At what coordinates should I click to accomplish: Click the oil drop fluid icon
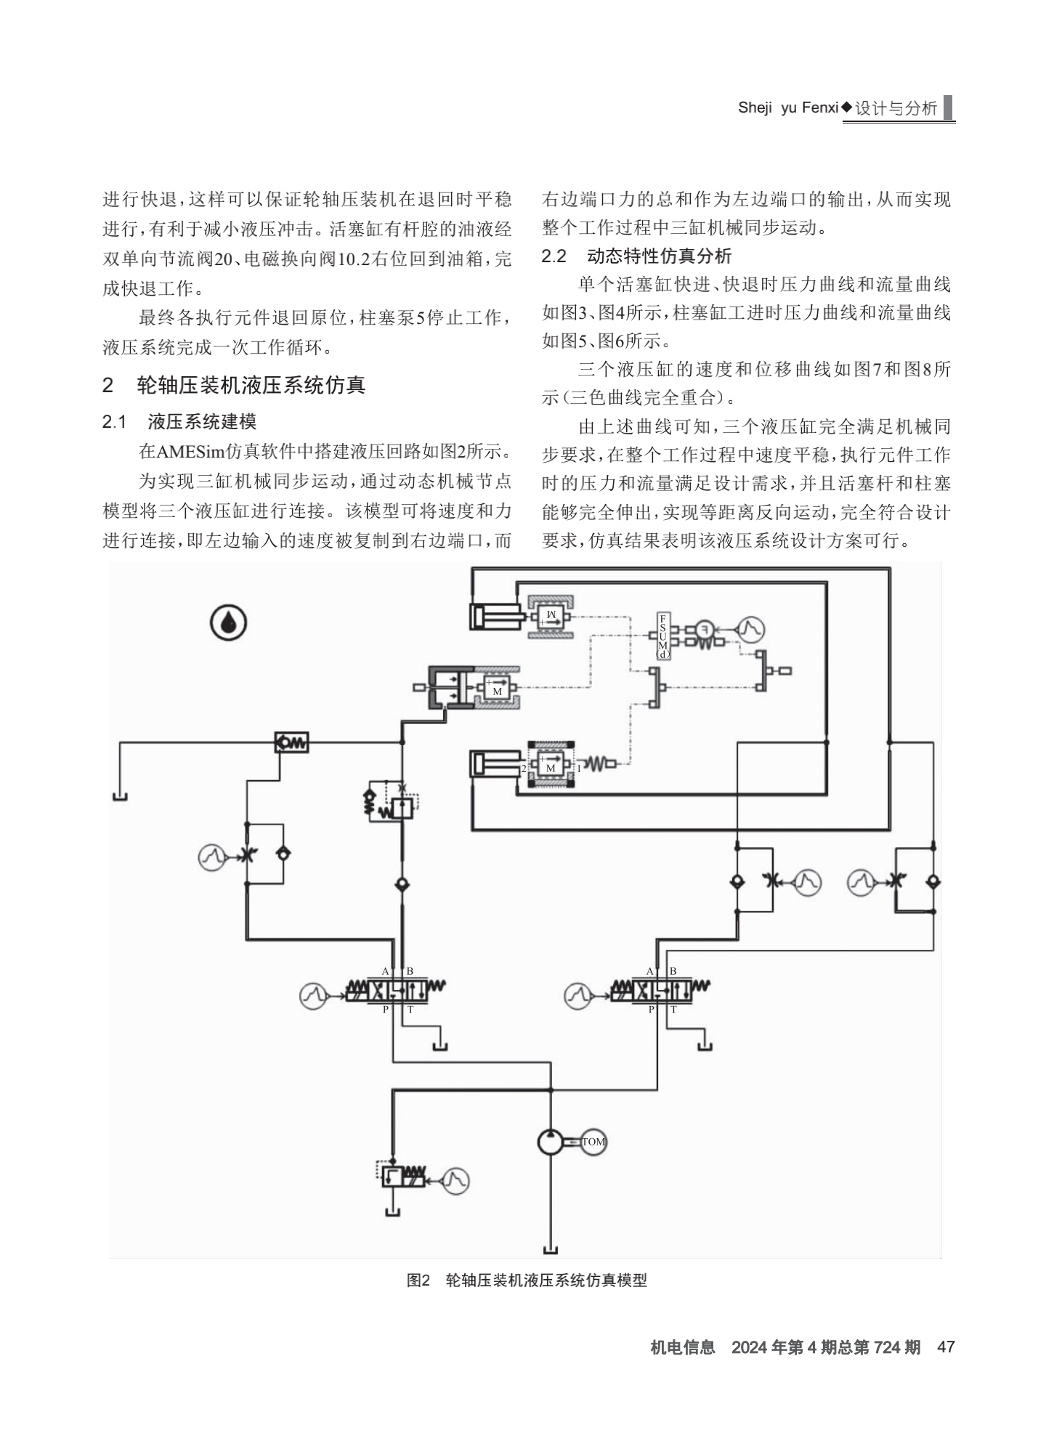click(229, 623)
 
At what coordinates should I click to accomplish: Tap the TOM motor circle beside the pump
click(593, 1142)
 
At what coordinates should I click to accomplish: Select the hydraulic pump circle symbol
click(551, 1142)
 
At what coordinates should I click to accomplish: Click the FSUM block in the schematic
click(662, 636)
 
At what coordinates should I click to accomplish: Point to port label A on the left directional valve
click(386, 971)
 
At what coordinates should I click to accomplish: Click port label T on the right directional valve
click(673, 1010)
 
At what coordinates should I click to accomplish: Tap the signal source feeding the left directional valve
click(313, 995)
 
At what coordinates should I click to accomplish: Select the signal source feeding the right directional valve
click(578, 995)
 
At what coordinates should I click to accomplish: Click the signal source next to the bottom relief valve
click(455, 1180)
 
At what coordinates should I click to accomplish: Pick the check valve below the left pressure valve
click(402, 885)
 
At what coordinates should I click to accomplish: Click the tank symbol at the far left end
click(120, 796)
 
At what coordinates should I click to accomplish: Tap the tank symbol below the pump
click(551, 1249)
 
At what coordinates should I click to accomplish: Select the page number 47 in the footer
click(946, 1347)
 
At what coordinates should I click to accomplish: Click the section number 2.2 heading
click(554, 256)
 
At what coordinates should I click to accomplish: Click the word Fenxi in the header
click(819, 107)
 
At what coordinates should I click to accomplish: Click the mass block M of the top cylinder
click(550, 617)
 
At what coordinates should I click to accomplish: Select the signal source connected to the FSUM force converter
click(751, 629)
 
